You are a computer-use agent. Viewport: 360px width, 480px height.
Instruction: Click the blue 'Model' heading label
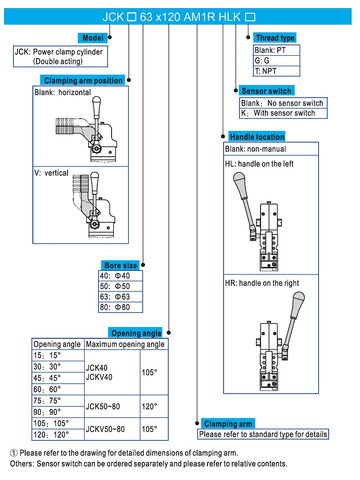93,38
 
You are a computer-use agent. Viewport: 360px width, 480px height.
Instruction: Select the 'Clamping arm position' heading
83,81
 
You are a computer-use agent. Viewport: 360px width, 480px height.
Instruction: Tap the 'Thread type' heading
275,38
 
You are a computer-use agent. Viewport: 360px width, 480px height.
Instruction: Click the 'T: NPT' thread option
276,71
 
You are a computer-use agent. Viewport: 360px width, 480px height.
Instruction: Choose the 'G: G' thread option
276,60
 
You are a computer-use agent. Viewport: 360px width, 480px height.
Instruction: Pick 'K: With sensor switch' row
283,113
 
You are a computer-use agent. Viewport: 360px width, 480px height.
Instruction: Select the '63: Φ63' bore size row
120,296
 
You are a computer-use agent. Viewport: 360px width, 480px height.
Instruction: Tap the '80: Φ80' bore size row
120,308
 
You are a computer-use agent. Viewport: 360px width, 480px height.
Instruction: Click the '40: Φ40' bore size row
120,276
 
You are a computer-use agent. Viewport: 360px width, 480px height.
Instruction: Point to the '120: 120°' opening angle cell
58,435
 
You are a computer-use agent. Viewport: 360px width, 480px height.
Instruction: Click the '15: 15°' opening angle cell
58,355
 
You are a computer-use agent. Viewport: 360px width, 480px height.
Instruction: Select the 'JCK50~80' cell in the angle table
112,407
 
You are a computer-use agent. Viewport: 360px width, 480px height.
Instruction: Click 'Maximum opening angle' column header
126,344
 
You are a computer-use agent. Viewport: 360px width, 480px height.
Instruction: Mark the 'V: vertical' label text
51,173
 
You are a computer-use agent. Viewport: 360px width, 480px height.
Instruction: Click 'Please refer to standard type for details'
263,434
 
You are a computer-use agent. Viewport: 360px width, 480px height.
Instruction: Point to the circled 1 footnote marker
14,453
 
